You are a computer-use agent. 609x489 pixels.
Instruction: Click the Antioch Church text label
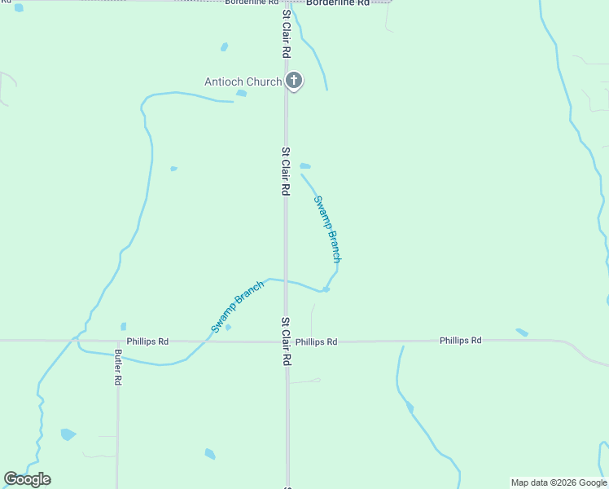[x=243, y=81]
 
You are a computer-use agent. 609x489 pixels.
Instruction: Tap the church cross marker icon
[x=294, y=81]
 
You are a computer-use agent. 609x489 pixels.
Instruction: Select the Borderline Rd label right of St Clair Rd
[x=338, y=3]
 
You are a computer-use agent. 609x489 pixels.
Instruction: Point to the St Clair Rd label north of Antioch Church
[x=287, y=33]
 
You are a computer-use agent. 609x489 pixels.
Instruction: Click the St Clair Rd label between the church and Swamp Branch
[x=286, y=171]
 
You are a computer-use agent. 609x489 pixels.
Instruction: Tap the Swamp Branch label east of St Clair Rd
[x=327, y=229]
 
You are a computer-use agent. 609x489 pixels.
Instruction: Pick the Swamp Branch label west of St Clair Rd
[x=237, y=306]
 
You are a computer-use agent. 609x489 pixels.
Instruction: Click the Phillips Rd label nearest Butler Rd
[x=147, y=341]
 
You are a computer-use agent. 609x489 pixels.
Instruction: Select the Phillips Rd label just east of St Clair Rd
[x=316, y=342]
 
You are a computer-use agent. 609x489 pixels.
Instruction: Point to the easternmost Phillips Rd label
[x=460, y=341]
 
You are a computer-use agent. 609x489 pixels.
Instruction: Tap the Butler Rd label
[x=118, y=368]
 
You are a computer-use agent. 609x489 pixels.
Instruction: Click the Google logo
[x=27, y=479]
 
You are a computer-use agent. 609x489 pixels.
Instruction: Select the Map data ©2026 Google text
[x=559, y=482]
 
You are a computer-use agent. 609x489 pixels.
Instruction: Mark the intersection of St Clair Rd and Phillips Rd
[x=286, y=341]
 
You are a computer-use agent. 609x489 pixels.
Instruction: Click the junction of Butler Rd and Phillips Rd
[x=118, y=341]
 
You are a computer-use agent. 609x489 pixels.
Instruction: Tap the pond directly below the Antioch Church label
[x=241, y=94]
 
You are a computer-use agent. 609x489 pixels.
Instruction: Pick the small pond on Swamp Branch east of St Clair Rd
[x=326, y=289]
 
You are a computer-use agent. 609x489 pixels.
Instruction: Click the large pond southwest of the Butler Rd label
[x=68, y=434]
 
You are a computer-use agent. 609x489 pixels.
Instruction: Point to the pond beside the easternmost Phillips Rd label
[x=522, y=333]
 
